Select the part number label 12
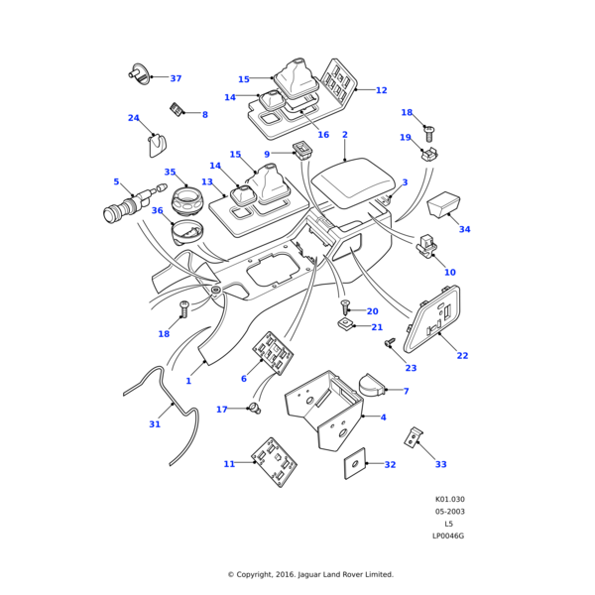click(x=381, y=90)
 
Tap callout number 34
click(x=464, y=229)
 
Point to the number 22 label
click(x=462, y=355)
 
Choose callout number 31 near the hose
click(x=155, y=424)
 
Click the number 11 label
click(x=229, y=464)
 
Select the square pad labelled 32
click(x=352, y=464)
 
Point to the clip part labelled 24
click(x=157, y=146)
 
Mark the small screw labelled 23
click(x=390, y=342)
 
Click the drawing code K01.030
click(x=449, y=500)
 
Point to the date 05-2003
click(x=449, y=512)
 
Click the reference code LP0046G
click(x=448, y=535)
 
